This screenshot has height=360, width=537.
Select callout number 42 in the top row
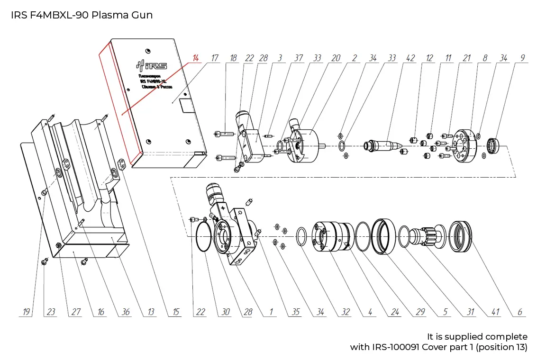point(410,58)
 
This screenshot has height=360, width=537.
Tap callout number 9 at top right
point(522,58)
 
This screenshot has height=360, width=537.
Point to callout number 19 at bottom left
point(27,312)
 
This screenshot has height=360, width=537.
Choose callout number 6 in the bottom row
point(519,312)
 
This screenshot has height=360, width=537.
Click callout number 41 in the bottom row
point(495,312)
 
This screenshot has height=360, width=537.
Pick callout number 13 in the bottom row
point(151,312)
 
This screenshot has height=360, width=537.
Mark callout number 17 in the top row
point(214,58)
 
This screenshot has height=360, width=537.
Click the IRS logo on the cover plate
point(155,65)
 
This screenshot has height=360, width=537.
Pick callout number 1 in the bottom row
point(271,312)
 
